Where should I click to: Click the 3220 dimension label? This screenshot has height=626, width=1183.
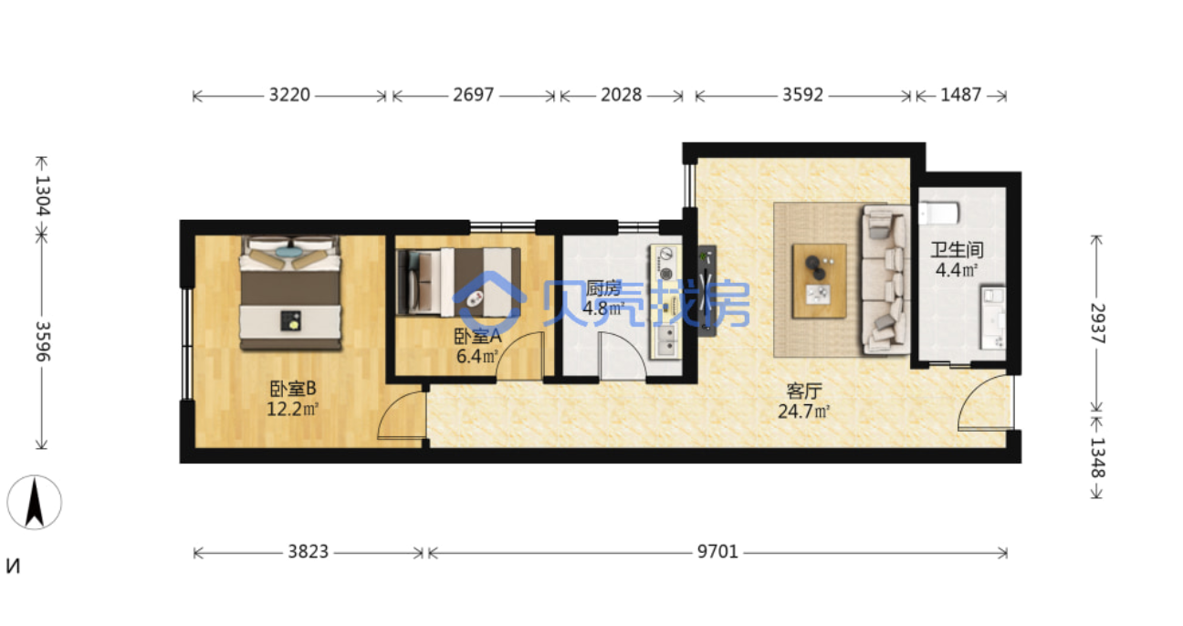289,95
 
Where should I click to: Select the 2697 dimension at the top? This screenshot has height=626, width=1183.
473,95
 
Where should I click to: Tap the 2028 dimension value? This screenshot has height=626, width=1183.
621,95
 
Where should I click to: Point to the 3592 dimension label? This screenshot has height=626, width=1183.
802,95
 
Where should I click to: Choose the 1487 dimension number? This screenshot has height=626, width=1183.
960,95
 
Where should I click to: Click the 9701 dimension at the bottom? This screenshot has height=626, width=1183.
717,551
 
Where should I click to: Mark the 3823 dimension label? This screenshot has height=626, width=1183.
308,551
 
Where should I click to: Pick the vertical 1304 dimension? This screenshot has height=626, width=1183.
42,195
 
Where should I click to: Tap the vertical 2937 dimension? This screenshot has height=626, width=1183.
1097,324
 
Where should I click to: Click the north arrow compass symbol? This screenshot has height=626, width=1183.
35,502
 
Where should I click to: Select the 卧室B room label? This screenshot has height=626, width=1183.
293,389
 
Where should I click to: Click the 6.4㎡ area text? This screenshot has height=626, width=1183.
476,356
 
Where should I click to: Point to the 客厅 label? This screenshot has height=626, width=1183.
803,391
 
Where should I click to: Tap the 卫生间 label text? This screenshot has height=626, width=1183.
957,250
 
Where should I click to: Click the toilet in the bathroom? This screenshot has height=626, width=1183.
939,214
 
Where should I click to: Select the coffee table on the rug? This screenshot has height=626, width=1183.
819,281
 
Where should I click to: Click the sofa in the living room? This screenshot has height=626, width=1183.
885,280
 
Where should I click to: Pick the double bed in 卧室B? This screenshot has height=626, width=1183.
290,293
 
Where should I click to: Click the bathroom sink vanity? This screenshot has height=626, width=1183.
993,318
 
